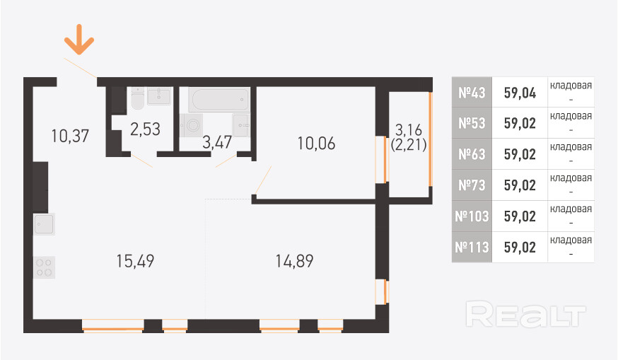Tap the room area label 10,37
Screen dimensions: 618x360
coord(70,134)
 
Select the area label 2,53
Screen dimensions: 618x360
coord(145,129)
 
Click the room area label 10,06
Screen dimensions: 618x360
coord(316,144)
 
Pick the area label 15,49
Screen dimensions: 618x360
coord(135,261)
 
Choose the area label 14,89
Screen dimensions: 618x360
coord(294,261)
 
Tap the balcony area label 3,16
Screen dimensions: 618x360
coord(409,129)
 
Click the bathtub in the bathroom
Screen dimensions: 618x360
coord(219,99)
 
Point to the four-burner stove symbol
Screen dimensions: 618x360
coord(44,267)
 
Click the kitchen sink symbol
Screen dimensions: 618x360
coord(44,225)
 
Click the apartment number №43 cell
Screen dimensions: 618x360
coord(472,92)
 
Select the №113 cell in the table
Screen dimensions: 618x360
coord(472,248)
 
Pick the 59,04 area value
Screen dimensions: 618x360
coord(520,92)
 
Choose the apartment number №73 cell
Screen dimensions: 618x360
coord(472,185)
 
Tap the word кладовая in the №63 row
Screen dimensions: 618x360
coord(571,147)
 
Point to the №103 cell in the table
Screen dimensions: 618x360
coord(472,216)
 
